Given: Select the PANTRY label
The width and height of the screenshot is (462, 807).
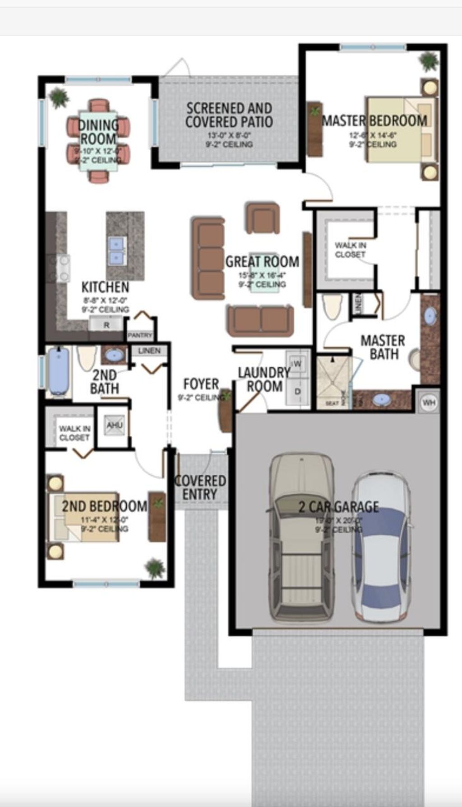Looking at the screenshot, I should [x=140, y=335].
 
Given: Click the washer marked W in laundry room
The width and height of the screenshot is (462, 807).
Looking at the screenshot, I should [x=298, y=364].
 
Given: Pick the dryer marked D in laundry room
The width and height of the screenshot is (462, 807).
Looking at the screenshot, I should [x=298, y=391].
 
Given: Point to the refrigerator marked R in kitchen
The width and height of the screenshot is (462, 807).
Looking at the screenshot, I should [x=106, y=324].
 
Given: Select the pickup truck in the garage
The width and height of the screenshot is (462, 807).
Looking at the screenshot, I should [x=301, y=537].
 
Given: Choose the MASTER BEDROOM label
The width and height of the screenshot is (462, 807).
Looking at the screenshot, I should [x=374, y=121].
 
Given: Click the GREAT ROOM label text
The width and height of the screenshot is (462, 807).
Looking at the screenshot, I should [x=262, y=262].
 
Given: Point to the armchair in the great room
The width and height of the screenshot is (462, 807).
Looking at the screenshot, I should [x=263, y=218].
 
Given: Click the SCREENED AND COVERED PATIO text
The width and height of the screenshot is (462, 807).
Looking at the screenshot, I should [x=229, y=115].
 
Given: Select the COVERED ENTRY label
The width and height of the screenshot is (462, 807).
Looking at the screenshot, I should [x=200, y=487].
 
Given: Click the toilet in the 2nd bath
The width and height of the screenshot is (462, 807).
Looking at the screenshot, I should [x=87, y=358].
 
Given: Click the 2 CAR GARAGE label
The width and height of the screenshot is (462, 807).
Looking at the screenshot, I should [x=338, y=507].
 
